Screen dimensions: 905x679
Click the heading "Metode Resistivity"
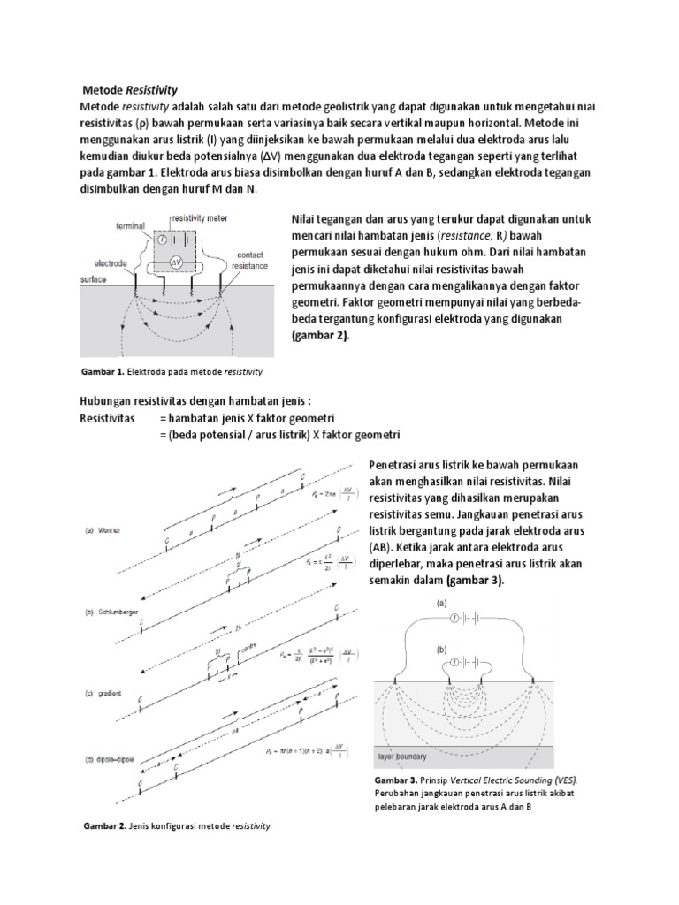pyautogui.click(x=130, y=90)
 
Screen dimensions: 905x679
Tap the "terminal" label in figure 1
pyautogui.click(x=117, y=225)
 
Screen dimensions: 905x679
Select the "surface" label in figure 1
pyautogui.click(x=93, y=278)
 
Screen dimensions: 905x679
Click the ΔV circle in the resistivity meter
pyautogui.click(x=177, y=262)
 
